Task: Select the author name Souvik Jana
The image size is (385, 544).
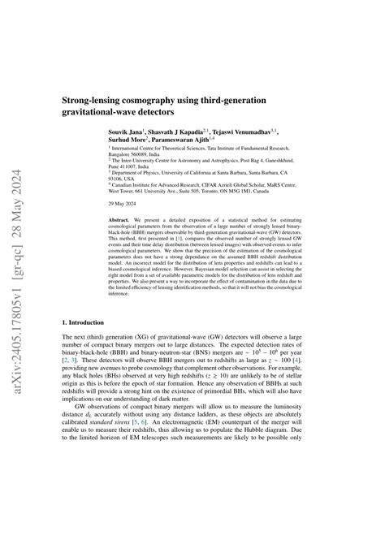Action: (129, 130)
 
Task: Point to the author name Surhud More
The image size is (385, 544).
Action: (129, 139)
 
